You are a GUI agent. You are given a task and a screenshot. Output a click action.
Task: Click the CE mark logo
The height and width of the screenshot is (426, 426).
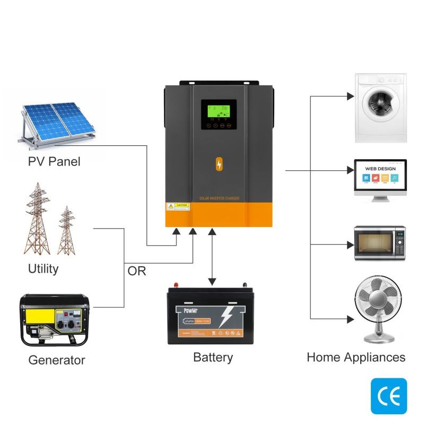[389, 396]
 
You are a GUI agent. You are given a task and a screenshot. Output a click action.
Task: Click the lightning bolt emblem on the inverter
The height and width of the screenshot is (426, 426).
[219, 165]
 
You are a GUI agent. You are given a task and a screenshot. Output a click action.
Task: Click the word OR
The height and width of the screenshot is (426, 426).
[137, 271]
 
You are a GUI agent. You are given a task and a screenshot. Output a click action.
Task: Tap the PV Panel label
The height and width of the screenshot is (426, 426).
[54, 161]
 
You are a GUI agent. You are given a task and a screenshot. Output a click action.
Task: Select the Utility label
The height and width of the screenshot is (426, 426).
[44, 269]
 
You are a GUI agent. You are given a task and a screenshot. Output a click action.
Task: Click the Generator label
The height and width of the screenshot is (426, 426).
[56, 360]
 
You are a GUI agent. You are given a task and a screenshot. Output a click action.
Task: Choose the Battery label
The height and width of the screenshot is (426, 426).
[213, 357]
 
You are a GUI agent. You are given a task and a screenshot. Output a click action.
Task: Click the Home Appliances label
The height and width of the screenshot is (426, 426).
[356, 357]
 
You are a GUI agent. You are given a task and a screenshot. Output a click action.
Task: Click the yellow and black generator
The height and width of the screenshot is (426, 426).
[55, 318]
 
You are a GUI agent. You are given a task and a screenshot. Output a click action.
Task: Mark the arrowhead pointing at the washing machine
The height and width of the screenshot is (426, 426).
[350, 97]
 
